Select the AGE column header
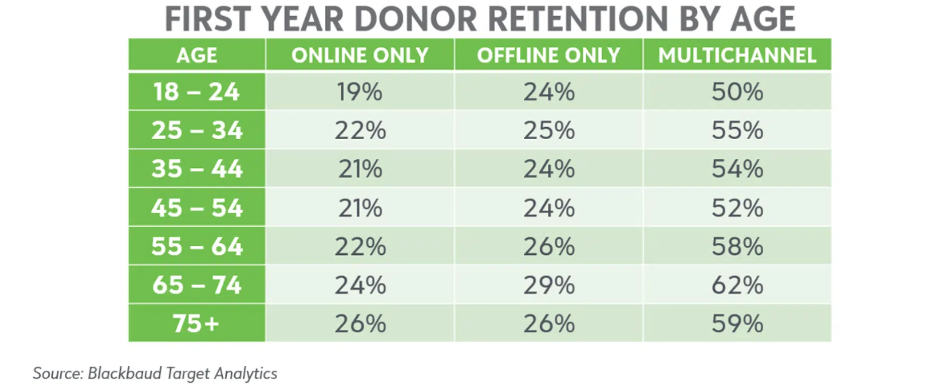197,55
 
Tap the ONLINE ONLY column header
360,55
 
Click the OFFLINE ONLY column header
548,55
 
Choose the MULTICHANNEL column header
737,55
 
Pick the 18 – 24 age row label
197,92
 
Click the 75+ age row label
197,324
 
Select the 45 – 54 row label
197,208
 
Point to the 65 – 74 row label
197,285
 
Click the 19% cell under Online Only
360,92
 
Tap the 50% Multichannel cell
737,92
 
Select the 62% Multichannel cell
737,285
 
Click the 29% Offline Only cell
549,285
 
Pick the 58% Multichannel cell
737,246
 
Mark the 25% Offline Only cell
549,131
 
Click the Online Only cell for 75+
360,324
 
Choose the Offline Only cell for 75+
549,324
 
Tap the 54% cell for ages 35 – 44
737,169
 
